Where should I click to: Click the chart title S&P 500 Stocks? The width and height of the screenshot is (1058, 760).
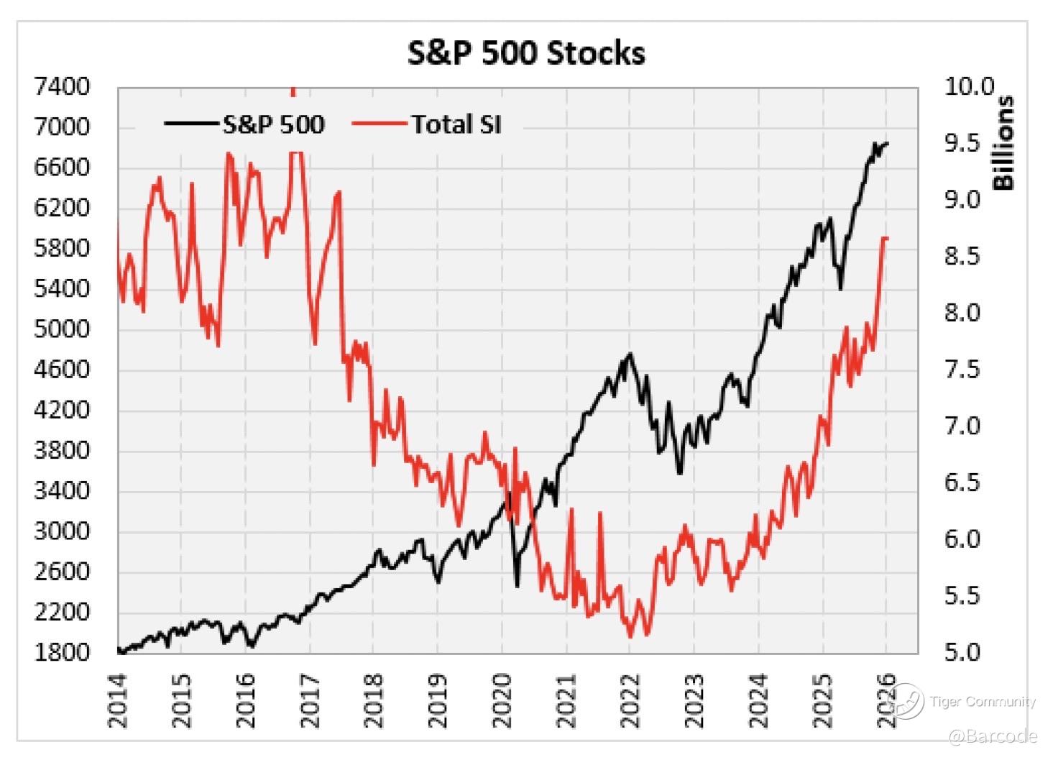click(526, 53)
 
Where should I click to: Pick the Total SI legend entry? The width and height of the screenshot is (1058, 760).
click(456, 124)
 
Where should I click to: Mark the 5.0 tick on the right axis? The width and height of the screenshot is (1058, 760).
click(962, 653)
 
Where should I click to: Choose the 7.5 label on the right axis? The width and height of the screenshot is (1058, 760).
click(962, 370)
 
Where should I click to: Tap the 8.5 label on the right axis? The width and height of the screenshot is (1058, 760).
click(962, 257)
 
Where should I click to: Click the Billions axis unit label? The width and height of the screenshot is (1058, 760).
click(1003, 142)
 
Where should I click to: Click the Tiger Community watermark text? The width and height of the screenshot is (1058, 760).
click(982, 702)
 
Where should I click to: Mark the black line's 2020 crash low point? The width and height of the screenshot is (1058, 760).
click(517, 586)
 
